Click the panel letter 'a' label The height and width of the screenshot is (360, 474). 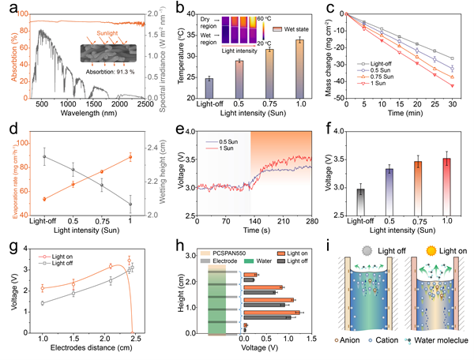pos(8,9)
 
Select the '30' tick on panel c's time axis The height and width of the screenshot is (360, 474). pos(453,103)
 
